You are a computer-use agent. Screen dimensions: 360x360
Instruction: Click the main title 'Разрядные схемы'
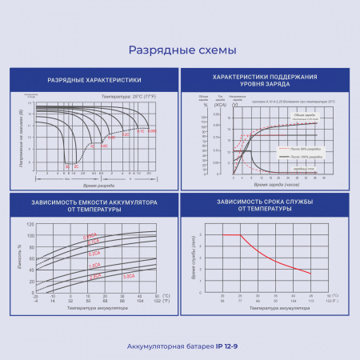pos(182,50)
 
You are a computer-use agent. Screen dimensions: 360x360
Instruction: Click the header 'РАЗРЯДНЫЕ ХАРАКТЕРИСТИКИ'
pos(94,80)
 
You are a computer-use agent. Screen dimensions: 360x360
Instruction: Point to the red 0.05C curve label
pos(152,130)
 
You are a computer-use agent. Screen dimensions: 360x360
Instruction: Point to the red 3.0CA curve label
pos(128,275)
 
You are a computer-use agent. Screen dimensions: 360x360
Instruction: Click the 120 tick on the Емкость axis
pos(31,226)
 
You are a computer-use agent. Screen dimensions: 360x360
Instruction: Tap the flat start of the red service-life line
pos(230,234)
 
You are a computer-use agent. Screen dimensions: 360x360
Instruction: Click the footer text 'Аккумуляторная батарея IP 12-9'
pos(181,346)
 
